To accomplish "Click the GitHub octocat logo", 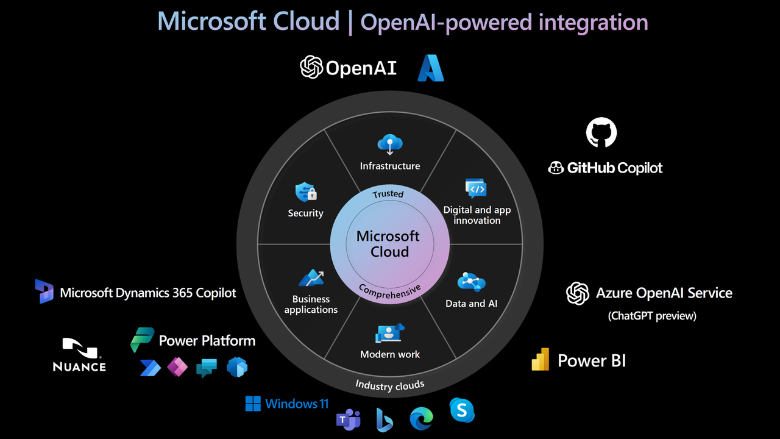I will point(601,132).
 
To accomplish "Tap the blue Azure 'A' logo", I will point(430,68).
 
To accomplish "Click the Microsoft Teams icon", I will point(348,419).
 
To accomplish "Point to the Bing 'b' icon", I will point(385,419).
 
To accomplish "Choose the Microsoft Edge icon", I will point(421,418).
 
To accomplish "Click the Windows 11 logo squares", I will point(253,404).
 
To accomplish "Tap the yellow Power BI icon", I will point(541,360).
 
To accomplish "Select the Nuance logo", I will point(79,355).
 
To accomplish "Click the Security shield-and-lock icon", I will point(306,193).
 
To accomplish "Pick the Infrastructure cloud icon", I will point(389,145).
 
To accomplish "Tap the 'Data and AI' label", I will point(471,303).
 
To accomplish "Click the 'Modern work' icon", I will point(390,334).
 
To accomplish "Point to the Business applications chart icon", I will point(311,278).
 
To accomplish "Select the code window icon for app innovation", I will point(476,189).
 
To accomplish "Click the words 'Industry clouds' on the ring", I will point(390,385).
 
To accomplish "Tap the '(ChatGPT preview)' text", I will point(652,316).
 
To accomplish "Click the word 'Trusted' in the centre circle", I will point(388,194).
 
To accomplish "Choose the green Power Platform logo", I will point(143,340).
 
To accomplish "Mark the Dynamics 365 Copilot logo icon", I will point(44,291).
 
